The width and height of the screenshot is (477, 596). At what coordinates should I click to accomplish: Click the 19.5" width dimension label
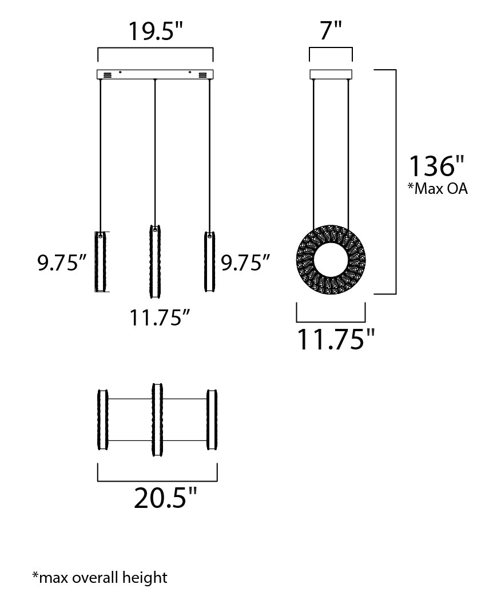point(156,31)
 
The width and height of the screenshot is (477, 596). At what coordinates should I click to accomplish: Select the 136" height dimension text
point(436,166)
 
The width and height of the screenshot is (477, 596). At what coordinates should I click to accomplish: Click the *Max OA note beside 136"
point(438,189)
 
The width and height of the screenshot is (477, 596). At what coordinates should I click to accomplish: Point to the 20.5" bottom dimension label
point(166,498)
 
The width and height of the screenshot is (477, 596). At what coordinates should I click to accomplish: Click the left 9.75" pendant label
point(62,263)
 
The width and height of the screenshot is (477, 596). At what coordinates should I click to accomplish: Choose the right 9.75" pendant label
point(245,263)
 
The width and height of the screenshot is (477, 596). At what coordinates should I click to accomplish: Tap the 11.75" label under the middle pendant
point(160,317)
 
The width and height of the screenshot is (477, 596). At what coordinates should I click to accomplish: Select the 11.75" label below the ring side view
point(336,339)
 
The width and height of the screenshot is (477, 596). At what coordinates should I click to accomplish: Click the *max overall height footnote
point(100,577)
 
